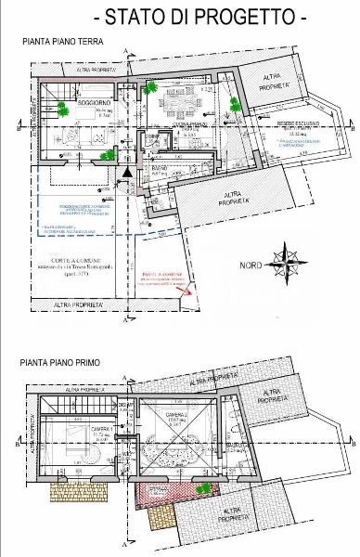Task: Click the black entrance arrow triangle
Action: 128,171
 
